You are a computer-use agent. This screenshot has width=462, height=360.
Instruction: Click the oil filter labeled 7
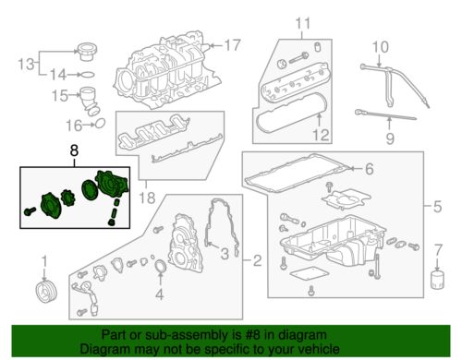coord(438,280)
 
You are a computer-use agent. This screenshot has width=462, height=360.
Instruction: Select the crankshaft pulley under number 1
coord(46,292)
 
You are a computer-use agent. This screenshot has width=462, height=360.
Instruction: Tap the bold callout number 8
coord(74,150)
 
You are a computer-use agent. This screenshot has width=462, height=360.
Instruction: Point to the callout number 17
coord(232,45)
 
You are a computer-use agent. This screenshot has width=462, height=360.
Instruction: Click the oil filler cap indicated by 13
coord(87,52)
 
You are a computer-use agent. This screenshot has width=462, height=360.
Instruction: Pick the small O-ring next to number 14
coord(88,75)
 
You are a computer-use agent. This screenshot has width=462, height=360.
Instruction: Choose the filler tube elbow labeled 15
coord(91,102)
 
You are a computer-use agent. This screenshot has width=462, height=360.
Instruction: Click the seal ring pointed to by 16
coord(100,123)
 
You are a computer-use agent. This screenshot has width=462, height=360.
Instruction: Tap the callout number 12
coord(322,135)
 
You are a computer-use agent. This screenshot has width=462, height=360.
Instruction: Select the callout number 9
coord(390,138)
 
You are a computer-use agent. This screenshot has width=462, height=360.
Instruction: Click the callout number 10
coord(381,47)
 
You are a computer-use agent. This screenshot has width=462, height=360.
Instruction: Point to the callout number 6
coord(369,169)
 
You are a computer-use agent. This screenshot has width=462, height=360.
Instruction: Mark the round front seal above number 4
coord(160,267)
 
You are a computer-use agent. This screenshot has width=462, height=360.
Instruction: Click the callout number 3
coord(225,254)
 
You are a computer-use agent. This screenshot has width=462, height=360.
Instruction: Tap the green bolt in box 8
coord(30,211)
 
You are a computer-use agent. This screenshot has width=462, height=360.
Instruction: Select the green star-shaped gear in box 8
coord(67,198)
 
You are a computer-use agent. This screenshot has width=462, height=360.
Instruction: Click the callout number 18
coord(147,198)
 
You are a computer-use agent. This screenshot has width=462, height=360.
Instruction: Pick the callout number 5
coord(438,207)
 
